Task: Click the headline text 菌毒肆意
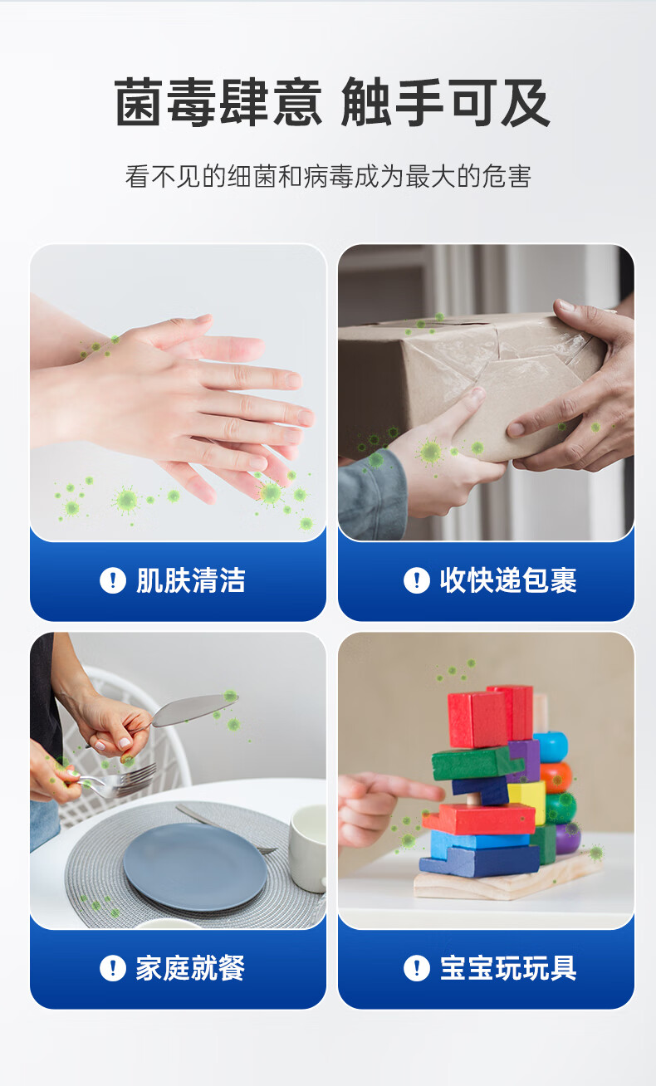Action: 218,104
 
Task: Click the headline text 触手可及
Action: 445,104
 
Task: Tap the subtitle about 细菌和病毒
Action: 328,176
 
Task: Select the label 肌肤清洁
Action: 191,580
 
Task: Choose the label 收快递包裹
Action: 507,580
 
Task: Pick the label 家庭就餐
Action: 191,968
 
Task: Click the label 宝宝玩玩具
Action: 507,968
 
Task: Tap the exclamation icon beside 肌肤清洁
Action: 113,580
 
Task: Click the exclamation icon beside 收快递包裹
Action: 417,580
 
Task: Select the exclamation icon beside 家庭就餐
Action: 113,968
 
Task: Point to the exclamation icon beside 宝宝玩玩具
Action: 417,968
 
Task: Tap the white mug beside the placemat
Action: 307,847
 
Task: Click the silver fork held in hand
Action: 125,780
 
